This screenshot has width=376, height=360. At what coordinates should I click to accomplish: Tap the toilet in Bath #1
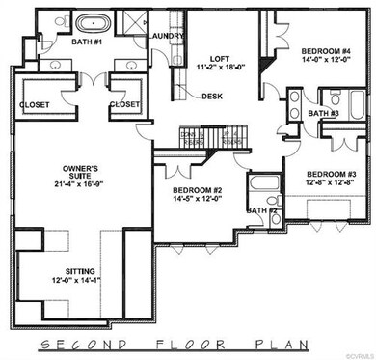tap(57, 20)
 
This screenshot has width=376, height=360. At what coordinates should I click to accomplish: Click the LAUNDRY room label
tap(168, 37)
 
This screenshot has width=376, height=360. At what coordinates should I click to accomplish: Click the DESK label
tap(213, 96)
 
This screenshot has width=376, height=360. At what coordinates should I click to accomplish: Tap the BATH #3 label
tap(323, 114)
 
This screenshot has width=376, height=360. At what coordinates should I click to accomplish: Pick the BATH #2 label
tap(261, 209)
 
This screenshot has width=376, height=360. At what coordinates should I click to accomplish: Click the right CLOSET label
tap(124, 103)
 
